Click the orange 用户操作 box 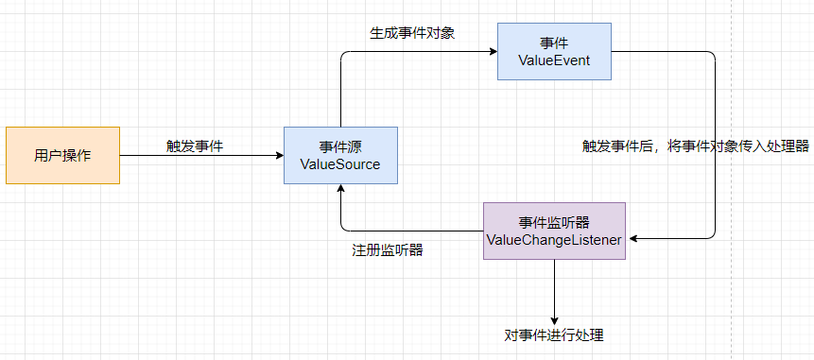point(62,155)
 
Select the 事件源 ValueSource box point(340,155)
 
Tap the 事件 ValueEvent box point(554,52)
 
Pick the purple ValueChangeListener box point(554,231)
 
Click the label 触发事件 point(196,146)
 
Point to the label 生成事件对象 point(412,33)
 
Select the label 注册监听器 point(387,251)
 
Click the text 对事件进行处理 point(554,335)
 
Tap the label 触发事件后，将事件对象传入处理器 point(696,146)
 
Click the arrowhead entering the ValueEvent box point(493,52)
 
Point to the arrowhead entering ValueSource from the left point(279,156)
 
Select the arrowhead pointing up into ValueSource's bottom point(340,189)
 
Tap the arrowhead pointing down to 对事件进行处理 point(554,319)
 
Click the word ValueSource point(340,164)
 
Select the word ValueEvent point(554,60)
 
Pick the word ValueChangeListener point(554,240)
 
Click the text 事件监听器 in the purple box point(554,222)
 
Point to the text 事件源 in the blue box point(340,146)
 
